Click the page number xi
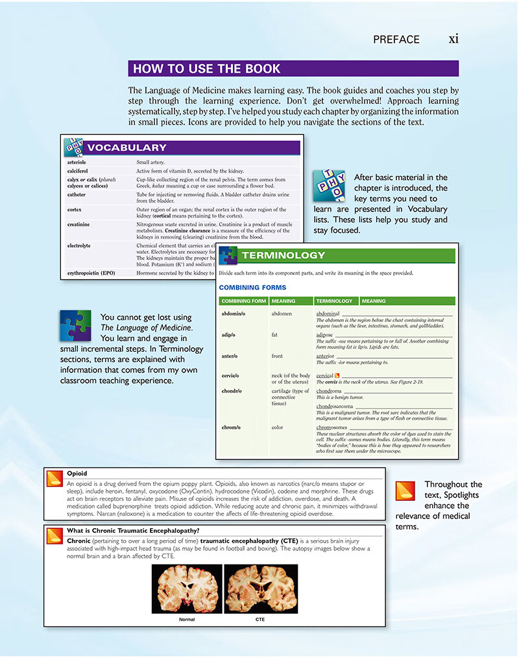(453, 39)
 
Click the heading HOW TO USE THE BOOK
(207, 69)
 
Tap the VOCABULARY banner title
(127, 147)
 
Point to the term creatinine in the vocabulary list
(78, 225)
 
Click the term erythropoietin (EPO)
(91, 273)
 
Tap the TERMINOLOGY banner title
(283, 255)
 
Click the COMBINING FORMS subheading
(252, 287)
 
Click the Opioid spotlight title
(77, 474)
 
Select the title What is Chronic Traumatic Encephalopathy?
(124, 530)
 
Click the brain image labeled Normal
(187, 589)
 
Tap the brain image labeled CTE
(259, 589)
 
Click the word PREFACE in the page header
(396, 40)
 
